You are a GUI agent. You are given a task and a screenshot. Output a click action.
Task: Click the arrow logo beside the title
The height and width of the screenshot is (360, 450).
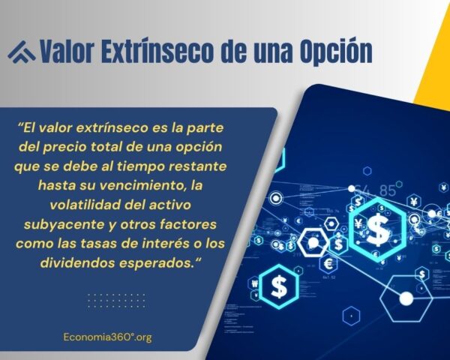pyautogui.click(x=21, y=51)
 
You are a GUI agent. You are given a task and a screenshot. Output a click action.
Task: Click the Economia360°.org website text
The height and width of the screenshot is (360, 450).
pyautogui.click(x=108, y=337)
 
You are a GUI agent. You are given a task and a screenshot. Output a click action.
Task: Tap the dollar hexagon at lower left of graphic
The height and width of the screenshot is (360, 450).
pyautogui.click(x=279, y=286)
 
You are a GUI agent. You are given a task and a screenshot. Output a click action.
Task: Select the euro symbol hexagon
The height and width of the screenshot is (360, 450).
pyautogui.click(x=327, y=264)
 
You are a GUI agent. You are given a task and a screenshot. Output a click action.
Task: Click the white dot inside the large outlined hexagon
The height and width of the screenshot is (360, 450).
pyautogui.click(x=406, y=298)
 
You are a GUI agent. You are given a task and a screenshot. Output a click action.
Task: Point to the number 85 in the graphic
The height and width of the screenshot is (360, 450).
pyautogui.click(x=388, y=190)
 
